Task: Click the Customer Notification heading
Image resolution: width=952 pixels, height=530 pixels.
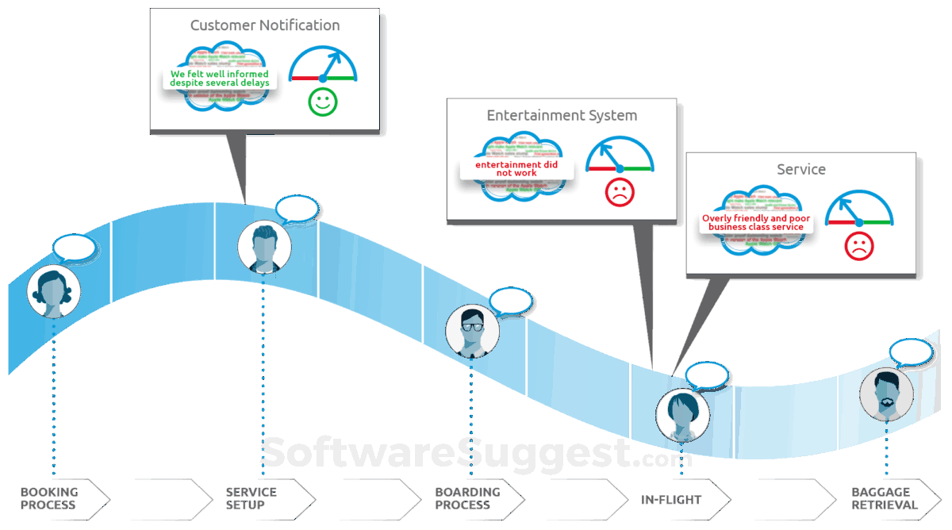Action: pos(265,25)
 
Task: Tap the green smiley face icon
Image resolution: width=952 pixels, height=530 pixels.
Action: pos(323,102)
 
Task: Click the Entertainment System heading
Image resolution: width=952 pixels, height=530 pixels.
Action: pos(562,115)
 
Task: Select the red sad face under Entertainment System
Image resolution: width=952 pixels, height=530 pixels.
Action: pos(620,191)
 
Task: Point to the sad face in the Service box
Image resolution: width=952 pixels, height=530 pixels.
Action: pos(858,247)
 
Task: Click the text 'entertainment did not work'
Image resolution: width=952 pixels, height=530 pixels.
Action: pos(516,168)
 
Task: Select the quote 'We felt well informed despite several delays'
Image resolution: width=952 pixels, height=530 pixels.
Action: pos(220,79)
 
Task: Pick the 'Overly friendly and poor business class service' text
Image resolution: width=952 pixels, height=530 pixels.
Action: pos(756,223)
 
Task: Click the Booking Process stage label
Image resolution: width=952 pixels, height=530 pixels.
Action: pos(48,498)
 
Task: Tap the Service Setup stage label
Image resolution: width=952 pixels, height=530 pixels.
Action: pos(251,498)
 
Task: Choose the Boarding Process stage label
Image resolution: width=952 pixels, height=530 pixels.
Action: pos(467,498)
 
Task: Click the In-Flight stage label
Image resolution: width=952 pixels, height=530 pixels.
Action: pos(671,500)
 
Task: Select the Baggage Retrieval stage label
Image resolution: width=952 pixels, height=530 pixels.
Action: pos(885,498)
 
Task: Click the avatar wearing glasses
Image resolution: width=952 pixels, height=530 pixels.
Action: pos(472,331)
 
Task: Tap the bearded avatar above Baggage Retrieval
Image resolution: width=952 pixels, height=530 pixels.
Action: pos(886,394)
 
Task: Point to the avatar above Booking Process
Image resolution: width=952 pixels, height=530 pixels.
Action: pos(54,292)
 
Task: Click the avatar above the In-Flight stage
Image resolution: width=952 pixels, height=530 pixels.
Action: pos(682,415)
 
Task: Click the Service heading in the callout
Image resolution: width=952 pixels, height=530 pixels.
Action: pos(801,170)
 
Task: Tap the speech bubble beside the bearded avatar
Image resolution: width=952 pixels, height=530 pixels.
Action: pos(911,351)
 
